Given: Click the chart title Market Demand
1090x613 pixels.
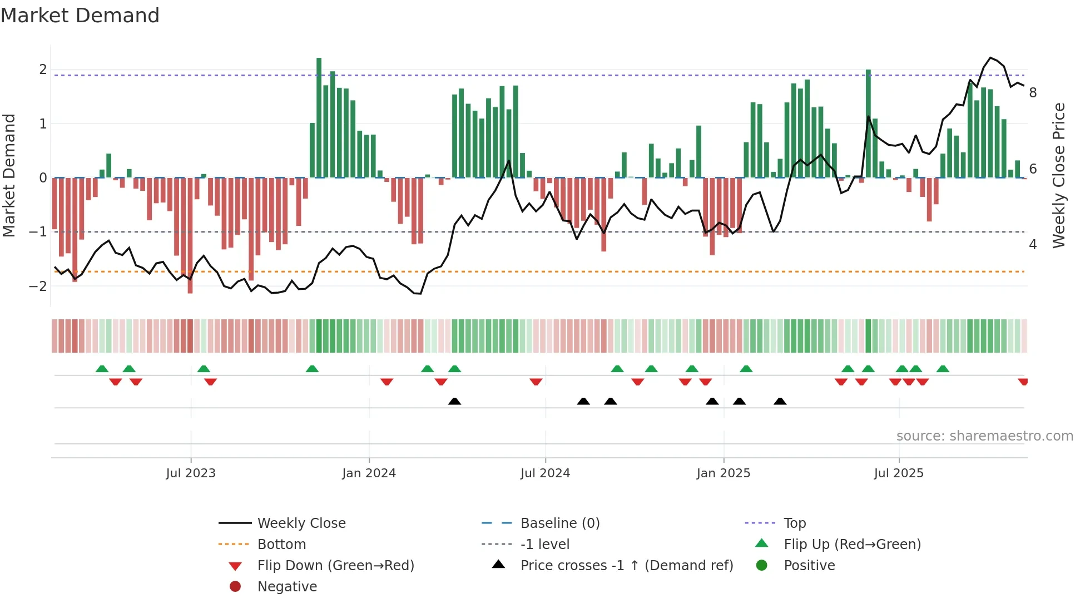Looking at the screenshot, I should point(80,16).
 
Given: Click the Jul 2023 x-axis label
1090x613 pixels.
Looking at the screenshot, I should point(190,473).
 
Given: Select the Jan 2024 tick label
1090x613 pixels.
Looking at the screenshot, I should point(369,473).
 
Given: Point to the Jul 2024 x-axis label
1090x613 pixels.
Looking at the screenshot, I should point(545,473).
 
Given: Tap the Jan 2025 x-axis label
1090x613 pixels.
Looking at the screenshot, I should point(723,473).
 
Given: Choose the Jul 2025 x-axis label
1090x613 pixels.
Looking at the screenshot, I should point(898,473).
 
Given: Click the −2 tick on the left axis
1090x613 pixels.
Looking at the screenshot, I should point(38,286).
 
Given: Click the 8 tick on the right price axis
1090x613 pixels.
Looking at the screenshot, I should point(1033,93).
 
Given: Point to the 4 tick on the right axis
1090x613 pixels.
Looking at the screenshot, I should point(1033,245).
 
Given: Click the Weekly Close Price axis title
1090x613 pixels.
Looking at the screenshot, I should point(1059,175).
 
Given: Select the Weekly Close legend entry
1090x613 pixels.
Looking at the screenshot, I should point(301,523).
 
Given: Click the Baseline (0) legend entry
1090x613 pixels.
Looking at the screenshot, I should point(559,523).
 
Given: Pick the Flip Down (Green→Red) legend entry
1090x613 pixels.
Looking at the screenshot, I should point(335,566).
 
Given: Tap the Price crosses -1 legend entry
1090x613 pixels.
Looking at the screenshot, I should point(626,566).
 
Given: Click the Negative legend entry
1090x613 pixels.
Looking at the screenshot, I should point(287,587).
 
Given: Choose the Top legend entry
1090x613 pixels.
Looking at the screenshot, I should point(794,523).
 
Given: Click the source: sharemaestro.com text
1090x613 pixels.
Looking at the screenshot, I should point(984,436).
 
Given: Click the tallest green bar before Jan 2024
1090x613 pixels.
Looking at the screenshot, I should point(319,117).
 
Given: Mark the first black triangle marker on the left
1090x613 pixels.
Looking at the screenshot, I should point(454,401).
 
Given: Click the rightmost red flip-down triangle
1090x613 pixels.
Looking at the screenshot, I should point(1023,382).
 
